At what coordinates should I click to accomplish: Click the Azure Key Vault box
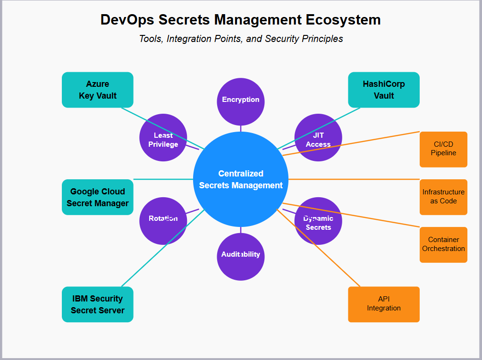point(97,90)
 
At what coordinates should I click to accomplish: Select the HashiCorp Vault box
point(383,90)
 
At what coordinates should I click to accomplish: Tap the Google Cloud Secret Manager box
point(97,197)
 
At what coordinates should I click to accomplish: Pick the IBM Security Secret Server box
point(97,304)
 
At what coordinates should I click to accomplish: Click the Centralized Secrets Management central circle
point(241,179)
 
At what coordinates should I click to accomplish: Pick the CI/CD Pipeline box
point(443,149)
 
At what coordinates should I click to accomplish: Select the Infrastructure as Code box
point(443,197)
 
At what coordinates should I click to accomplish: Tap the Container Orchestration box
point(443,244)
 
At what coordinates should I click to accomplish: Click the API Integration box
point(383,304)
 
